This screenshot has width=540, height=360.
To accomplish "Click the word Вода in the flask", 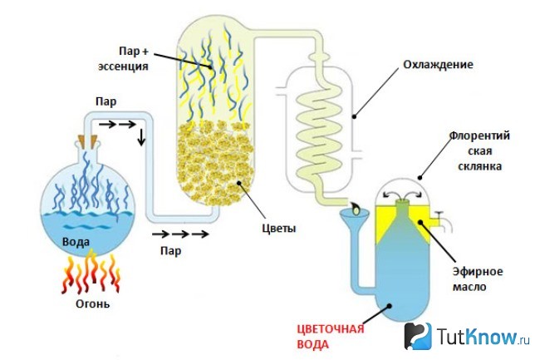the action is [76, 242].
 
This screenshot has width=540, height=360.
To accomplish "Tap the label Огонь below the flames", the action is [93, 303].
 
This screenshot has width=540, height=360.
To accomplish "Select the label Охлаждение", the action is [438, 65].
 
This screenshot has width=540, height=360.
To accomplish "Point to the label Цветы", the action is [278, 229].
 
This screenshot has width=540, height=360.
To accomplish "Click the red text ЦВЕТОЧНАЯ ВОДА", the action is [331, 337].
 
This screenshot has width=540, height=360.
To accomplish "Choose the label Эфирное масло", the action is [478, 279].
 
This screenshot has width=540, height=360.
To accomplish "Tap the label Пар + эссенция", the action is [123, 58].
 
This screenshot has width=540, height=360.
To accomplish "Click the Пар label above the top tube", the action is [106, 101].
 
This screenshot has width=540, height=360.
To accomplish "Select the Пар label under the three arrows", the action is [170, 251].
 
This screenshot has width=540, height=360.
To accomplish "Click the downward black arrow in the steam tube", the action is [141, 137].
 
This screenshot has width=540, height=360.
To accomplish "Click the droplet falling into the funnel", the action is [355, 208].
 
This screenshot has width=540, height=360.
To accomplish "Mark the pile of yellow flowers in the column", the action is [216, 163].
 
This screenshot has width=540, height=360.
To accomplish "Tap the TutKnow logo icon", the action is [418, 336].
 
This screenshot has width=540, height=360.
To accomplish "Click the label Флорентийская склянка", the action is [479, 150].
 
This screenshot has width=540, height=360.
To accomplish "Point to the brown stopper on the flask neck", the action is [87, 141].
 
